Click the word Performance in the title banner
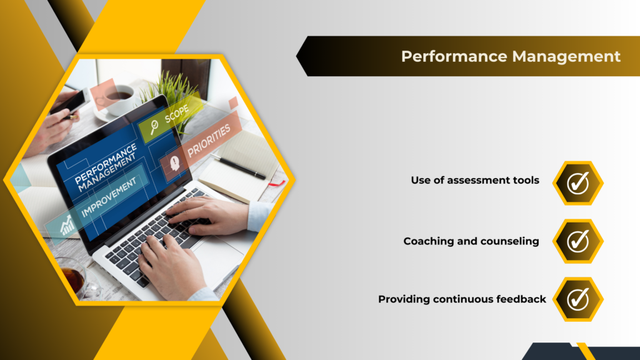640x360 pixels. (x=454, y=56)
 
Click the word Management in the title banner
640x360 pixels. (x=566, y=56)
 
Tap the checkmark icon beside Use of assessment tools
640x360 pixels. (x=578, y=183)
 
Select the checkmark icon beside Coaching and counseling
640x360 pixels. (x=578, y=241)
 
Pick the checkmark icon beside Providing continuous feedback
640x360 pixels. (x=578, y=299)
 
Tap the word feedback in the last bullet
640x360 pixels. (x=521, y=299)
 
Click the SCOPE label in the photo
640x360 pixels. (x=176, y=114)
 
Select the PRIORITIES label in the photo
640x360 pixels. (x=209, y=141)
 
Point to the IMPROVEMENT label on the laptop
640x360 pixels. (x=109, y=197)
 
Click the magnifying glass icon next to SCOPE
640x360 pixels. (x=154, y=127)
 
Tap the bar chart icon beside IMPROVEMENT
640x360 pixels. (x=67, y=225)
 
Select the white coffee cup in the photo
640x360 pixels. (x=118, y=99)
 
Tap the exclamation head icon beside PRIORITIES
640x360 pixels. (x=175, y=163)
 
